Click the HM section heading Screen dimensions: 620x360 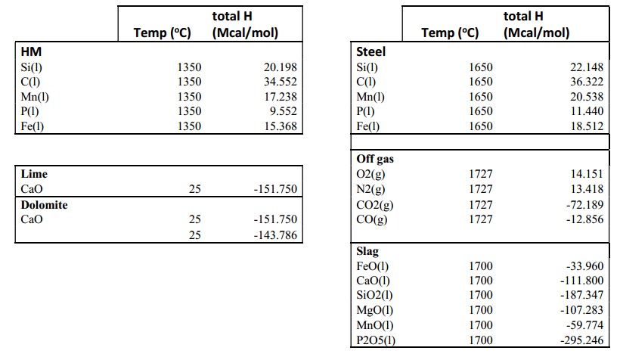(31, 52)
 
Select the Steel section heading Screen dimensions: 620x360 (370, 52)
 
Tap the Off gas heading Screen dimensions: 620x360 (375, 159)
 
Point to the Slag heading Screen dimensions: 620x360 (367, 251)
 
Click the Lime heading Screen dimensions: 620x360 (34, 174)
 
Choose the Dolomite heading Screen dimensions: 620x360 (44, 205)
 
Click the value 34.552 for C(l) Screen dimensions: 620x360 (281, 82)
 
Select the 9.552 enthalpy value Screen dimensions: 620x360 (283, 111)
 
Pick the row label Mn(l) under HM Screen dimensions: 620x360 (35, 97)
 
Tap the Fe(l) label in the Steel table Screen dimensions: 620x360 (367, 126)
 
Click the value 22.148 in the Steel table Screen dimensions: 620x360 (587, 67)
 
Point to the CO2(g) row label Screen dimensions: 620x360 (375, 205)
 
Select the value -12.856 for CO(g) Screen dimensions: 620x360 (584, 219)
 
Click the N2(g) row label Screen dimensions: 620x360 (370, 190)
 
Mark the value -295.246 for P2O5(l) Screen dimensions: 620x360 (582, 340)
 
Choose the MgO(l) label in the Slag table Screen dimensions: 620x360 (375, 310)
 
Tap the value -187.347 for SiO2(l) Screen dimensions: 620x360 (582, 295)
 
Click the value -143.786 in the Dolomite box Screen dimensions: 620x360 (275, 235)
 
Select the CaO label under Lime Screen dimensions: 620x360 (32, 189)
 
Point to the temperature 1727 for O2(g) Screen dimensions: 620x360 (481, 174)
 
